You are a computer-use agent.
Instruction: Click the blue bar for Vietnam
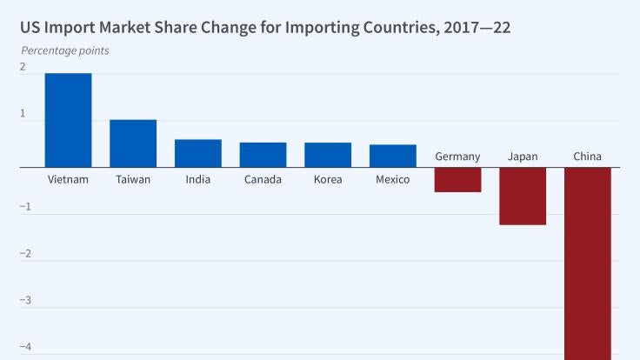tap(68, 120)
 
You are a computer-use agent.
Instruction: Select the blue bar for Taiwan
tap(133, 143)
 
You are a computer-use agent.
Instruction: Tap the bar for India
tap(197, 153)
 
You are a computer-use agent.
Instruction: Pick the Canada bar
tap(263, 155)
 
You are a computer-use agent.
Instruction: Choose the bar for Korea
tap(328, 155)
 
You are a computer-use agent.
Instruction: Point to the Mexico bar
tap(392, 156)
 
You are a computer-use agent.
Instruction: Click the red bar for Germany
tap(457, 179)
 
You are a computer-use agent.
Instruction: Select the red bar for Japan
tap(523, 196)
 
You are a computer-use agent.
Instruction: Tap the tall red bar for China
tap(588, 261)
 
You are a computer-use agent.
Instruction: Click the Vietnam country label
tap(68, 180)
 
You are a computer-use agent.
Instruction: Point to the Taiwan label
tap(133, 180)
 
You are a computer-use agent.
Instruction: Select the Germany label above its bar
tap(457, 157)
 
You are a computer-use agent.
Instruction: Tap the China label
tap(588, 157)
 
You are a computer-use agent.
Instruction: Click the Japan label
tap(523, 157)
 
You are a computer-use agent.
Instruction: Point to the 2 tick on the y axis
tap(23, 67)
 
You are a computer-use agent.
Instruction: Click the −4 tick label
tap(25, 347)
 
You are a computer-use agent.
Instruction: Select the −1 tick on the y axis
tap(25, 207)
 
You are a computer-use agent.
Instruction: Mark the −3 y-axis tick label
tap(25, 300)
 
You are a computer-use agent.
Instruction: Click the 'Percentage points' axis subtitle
tap(65, 50)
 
